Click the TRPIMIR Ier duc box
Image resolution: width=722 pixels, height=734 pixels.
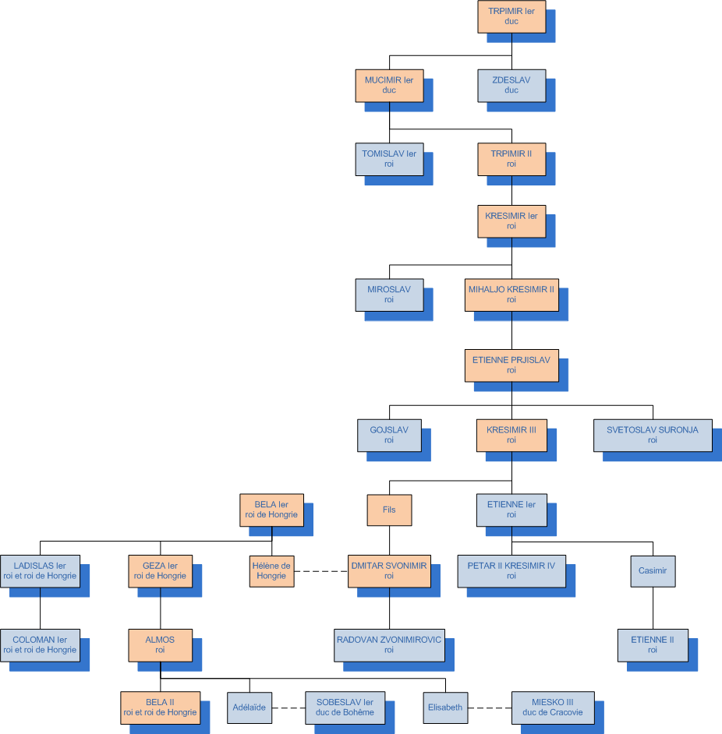[x=511, y=16]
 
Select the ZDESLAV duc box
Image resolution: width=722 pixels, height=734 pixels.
[x=511, y=85]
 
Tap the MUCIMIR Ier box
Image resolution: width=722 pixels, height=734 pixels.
[x=389, y=85]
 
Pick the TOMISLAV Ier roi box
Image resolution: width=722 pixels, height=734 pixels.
[x=389, y=159]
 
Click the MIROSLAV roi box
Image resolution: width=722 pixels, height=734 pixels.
[x=389, y=295]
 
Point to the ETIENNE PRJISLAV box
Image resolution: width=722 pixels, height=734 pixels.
[x=511, y=365]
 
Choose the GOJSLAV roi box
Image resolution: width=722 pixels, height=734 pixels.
[x=389, y=435]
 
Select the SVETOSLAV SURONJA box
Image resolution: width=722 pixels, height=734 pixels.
[x=653, y=435]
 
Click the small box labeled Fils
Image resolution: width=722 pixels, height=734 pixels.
[x=389, y=510]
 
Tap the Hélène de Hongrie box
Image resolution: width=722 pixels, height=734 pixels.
[x=271, y=571]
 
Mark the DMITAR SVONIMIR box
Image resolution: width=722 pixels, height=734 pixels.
[x=389, y=571]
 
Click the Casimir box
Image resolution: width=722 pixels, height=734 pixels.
[x=653, y=571]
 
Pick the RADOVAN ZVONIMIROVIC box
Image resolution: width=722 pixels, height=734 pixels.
[x=389, y=644]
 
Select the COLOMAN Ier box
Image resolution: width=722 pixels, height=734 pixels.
[x=40, y=644]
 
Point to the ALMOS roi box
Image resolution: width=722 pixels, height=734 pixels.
[x=160, y=644]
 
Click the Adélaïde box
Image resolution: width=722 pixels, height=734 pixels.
[x=250, y=708]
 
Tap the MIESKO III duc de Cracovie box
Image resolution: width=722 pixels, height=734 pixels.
[x=553, y=708]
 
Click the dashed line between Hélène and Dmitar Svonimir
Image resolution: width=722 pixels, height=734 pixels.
[x=321, y=571]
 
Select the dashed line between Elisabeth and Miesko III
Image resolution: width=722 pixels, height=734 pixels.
[x=490, y=708]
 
